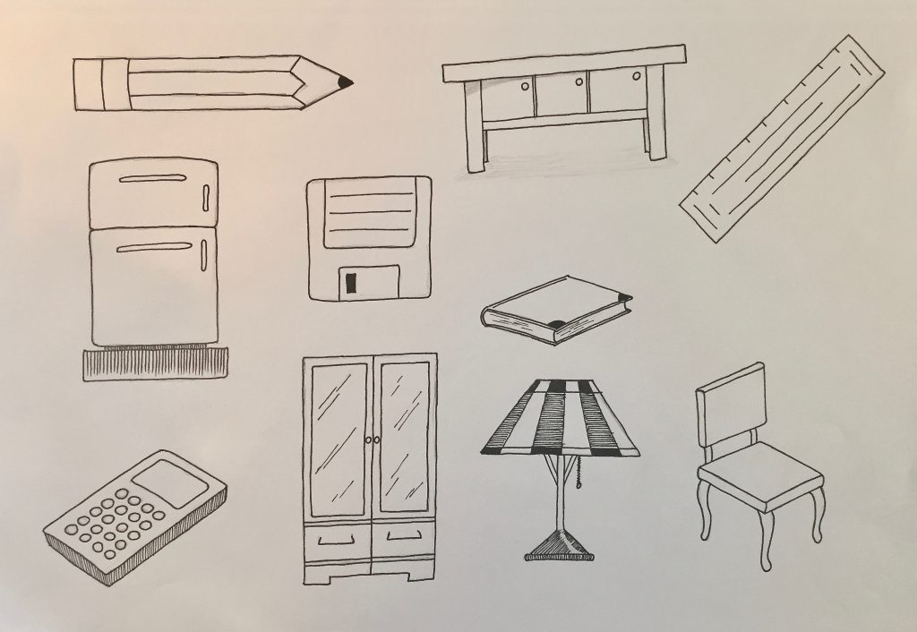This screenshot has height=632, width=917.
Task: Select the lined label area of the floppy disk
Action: coord(367,214)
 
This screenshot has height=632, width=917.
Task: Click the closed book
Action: coord(555,310)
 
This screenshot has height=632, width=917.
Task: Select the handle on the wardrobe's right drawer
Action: coord(404,537)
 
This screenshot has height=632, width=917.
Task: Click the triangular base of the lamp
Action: coord(559,545)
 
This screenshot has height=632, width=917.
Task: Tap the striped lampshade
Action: coord(560,417)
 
